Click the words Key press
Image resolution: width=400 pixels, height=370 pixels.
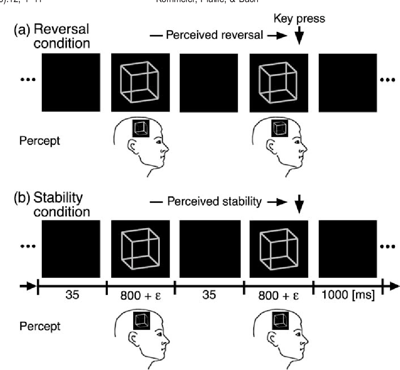click(299, 19)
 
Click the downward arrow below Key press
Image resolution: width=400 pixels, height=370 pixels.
click(299, 37)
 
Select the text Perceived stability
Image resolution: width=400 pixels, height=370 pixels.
click(215, 201)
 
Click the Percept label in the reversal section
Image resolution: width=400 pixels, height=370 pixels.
click(40, 141)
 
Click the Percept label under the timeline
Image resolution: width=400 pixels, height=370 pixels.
click(40, 326)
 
